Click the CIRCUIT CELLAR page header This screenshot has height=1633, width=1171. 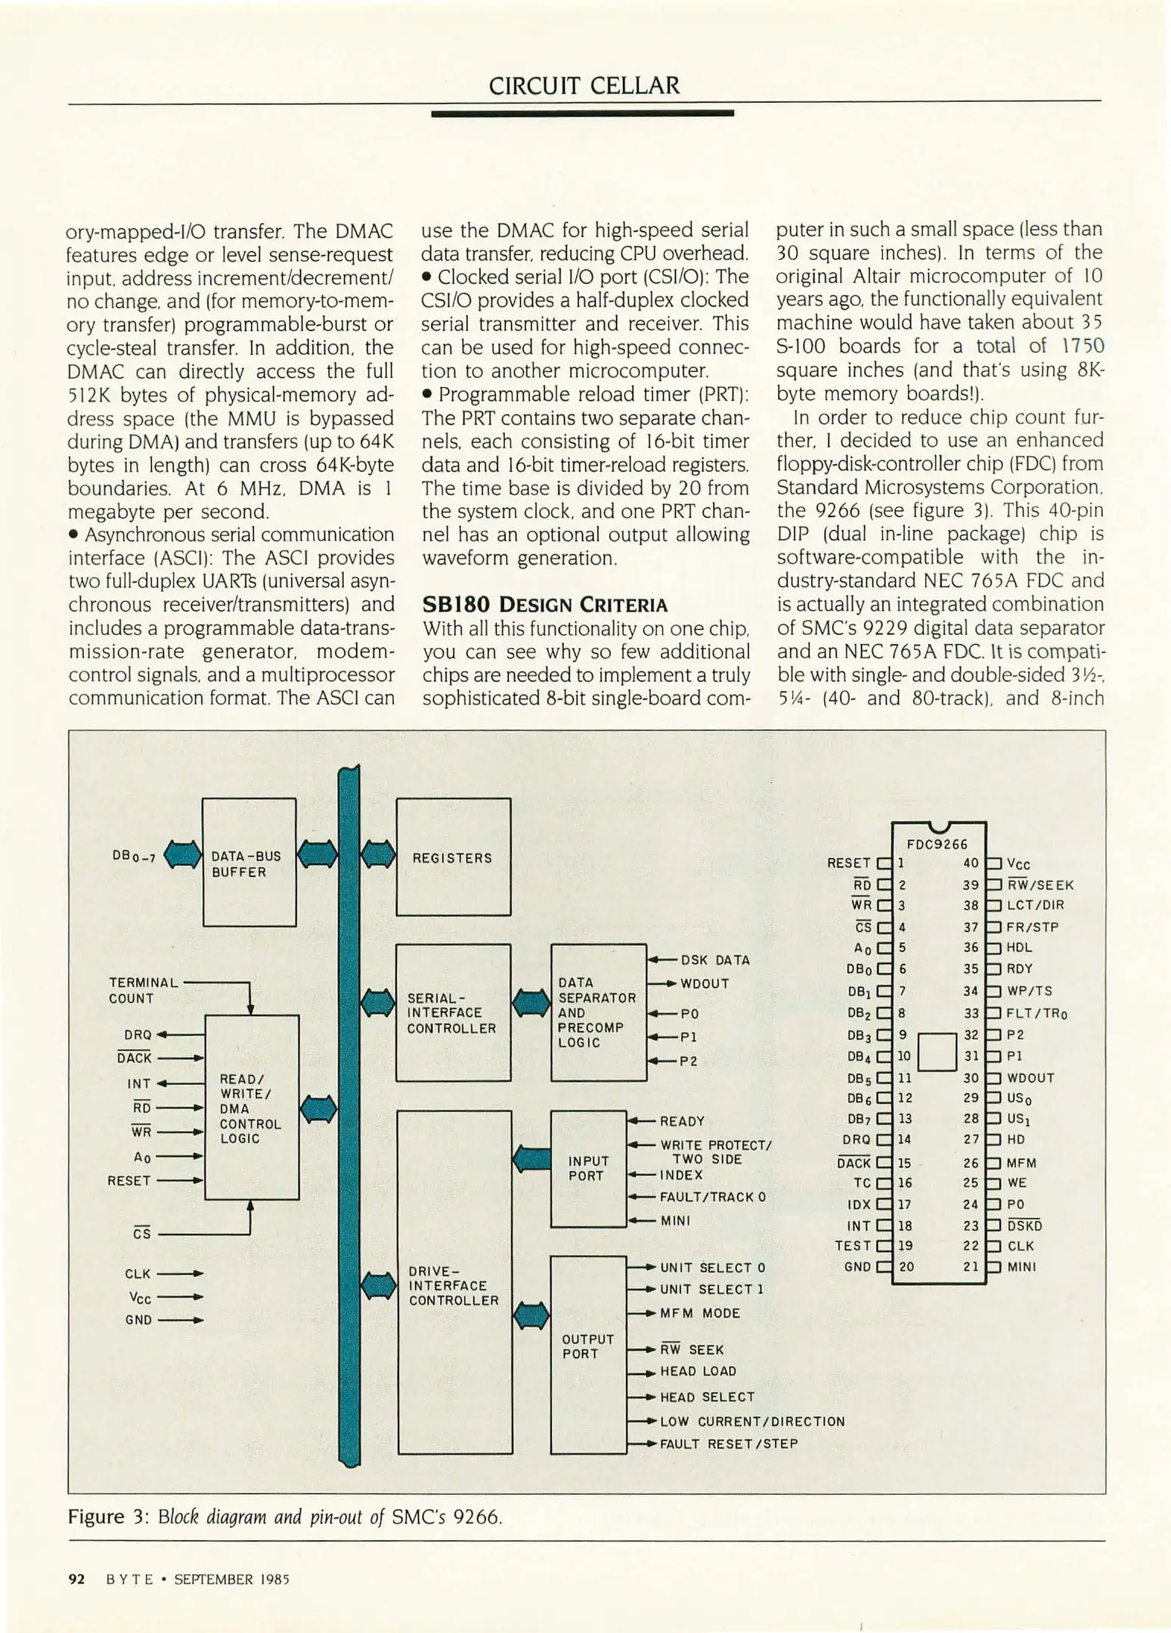pos(584,85)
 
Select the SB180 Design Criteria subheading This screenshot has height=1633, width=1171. pos(544,605)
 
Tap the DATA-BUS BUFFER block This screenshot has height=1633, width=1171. pos(249,863)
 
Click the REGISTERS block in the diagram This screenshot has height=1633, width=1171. pos(453,857)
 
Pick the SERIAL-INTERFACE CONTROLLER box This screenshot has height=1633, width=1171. pos(453,1012)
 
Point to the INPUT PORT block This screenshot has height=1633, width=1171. pos(588,1168)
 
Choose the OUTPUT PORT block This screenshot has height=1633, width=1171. pos(588,1346)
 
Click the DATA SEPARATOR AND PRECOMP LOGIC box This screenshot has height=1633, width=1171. pos(598,1012)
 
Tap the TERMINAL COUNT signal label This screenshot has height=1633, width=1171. pos(144,990)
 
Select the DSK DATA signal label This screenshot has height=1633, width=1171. pos(715,960)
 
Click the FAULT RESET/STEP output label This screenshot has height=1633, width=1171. pos(729,1443)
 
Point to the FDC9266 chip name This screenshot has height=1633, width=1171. pos(937,844)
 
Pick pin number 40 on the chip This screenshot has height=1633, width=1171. pos(971,863)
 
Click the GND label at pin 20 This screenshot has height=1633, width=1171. pos(857,1266)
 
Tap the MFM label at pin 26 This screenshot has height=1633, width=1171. pos(1021,1163)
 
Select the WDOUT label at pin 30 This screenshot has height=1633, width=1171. pos(1030,1077)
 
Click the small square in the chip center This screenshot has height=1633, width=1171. pos(937,1052)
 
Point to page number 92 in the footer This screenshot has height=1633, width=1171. pos(76,1579)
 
